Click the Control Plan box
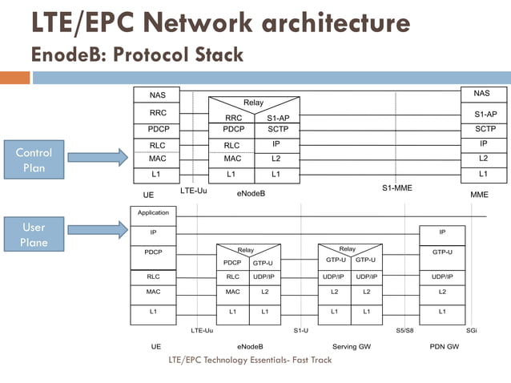(34, 159)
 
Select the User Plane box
(34, 234)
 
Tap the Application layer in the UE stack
(153, 213)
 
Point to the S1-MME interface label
(396, 188)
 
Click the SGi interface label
(472, 330)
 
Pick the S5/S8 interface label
(404, 330)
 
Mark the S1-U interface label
(300, 330)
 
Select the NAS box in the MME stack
(481, 94)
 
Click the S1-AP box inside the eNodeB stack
(277, 118)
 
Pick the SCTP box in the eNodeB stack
(277, 129)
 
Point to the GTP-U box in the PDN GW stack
(442, 252)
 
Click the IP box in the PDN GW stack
(442, 232)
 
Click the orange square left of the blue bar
(14, 78)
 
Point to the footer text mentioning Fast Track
(250, 360)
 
